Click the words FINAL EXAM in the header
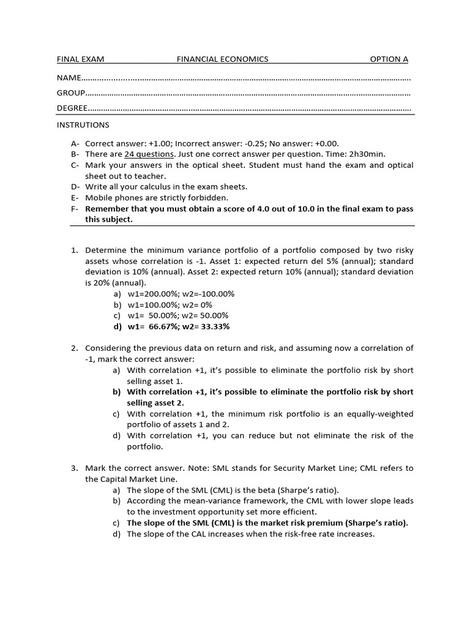click(x=81, y=59)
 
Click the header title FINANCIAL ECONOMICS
click(x=223, y=59)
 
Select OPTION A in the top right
click(x=389, y=59)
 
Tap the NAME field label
click(x=69, y=78)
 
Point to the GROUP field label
click(x=71, y=93)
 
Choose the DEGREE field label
click(x=73, y=108)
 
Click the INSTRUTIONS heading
click(x=83, y=125)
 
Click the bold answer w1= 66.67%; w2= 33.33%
click(x=179, y=326)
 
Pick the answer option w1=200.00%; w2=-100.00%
click(x=181, y=293)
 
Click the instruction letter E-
click(x=74, y=198)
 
